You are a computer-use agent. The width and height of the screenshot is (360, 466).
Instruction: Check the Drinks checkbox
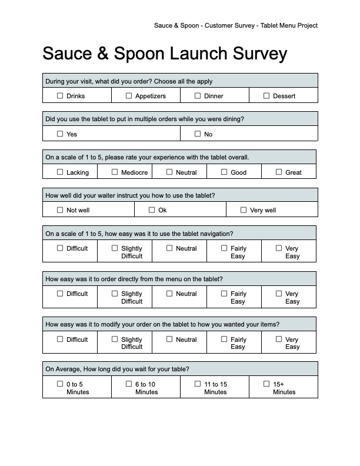pos(60,95)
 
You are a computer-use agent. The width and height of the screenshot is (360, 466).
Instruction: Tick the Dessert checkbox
pos(266,95)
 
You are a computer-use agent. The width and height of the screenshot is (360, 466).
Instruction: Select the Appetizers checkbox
pos(129,95)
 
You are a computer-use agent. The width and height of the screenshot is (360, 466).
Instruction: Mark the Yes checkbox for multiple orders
pos(60,134)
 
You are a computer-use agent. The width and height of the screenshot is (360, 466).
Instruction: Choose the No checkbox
pos(198,134)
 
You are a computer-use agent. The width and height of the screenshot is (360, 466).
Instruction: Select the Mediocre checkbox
pos(115,172)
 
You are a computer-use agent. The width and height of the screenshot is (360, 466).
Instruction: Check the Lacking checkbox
pos(60,172)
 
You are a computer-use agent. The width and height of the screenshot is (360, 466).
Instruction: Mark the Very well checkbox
pos(244,209)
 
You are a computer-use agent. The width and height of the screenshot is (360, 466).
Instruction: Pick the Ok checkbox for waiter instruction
pos(152,209)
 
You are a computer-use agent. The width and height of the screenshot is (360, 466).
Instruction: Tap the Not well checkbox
pos(60,209)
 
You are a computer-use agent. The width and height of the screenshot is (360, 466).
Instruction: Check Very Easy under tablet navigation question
pos(279,248)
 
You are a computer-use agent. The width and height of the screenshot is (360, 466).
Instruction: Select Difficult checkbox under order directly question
pos(60,293)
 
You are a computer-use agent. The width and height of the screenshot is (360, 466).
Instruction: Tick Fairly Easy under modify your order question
pos(224,339)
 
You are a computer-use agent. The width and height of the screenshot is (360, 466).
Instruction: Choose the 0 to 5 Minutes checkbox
pos(60,384)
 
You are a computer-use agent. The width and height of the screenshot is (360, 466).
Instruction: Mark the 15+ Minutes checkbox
pos(266,384)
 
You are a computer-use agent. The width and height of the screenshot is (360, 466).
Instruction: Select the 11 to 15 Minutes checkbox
pos(198,384)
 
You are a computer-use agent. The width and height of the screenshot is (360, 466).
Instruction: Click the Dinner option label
pos(214,96)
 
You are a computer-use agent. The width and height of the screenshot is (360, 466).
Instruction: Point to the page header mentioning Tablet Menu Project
pos(235,25)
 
